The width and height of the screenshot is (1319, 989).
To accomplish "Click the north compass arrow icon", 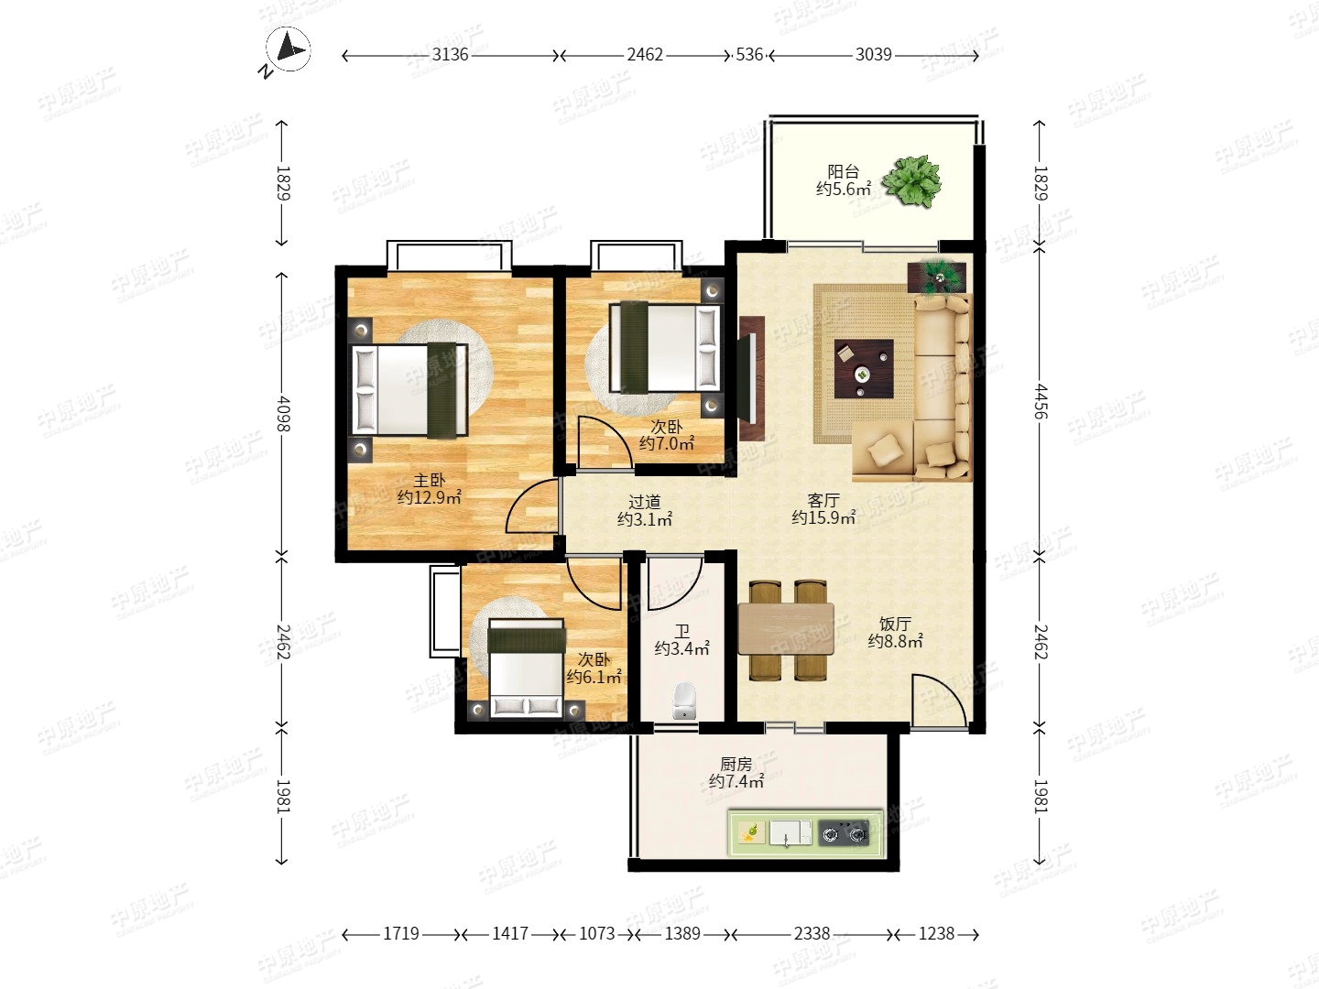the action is point(289,50).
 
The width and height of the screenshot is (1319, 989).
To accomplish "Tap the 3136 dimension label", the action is point(450,55).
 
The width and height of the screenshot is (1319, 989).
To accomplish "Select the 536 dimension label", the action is point(749,55).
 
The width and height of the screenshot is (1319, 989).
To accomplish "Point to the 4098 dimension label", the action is point(282,414).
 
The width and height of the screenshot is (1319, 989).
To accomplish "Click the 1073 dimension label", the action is point(596,934).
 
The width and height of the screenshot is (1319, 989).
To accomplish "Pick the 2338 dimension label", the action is point(812,934).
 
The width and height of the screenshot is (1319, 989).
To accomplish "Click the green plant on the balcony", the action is point(911,180).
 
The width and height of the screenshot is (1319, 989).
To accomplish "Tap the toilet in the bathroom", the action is point(684,701).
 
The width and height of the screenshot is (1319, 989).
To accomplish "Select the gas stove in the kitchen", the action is point(845,833).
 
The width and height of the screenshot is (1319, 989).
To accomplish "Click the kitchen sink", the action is point(790,833).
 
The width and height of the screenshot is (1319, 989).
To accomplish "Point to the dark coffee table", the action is point(864,369).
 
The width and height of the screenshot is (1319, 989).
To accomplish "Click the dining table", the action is point(786,629).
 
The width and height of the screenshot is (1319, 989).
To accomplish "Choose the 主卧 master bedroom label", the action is point(429,481).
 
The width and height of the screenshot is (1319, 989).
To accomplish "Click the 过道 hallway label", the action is point(644,502).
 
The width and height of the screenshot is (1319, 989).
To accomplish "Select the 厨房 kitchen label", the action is point(736,764).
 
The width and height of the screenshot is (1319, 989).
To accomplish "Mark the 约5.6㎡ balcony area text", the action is point(843,190).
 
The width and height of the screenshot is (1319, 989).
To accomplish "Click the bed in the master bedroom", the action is point(409,389).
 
